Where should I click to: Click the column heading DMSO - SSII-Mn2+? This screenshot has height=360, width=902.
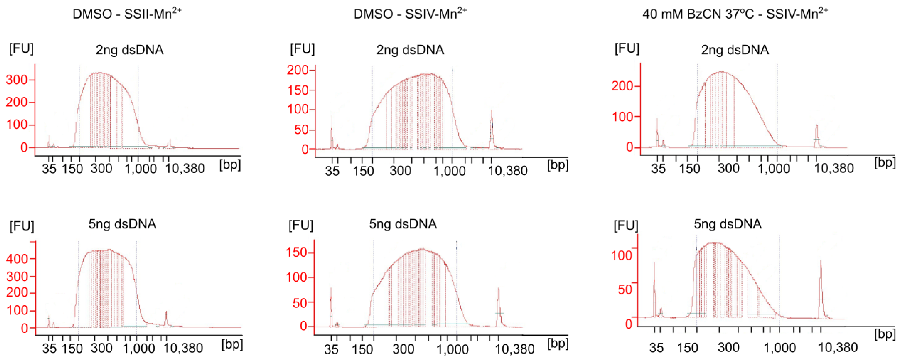click(127, 14)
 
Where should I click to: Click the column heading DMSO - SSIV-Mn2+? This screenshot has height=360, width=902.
click(410, 14)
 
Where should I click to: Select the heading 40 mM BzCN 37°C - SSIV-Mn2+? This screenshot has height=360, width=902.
click(735, 14)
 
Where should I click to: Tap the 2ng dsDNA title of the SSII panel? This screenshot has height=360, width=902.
click(130, 50)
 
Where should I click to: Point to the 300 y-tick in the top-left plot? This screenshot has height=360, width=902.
click(17, 80)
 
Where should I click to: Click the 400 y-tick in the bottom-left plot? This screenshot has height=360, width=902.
click(17, 259)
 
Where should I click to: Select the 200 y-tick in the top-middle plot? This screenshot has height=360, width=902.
click(298, 70)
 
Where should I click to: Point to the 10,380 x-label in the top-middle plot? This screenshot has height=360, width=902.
click(508, 171)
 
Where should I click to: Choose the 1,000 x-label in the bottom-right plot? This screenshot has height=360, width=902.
click(780, 348)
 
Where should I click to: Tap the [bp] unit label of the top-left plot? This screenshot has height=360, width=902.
click(230, 165)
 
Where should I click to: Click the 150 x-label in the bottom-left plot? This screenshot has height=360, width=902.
click(72, 348)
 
